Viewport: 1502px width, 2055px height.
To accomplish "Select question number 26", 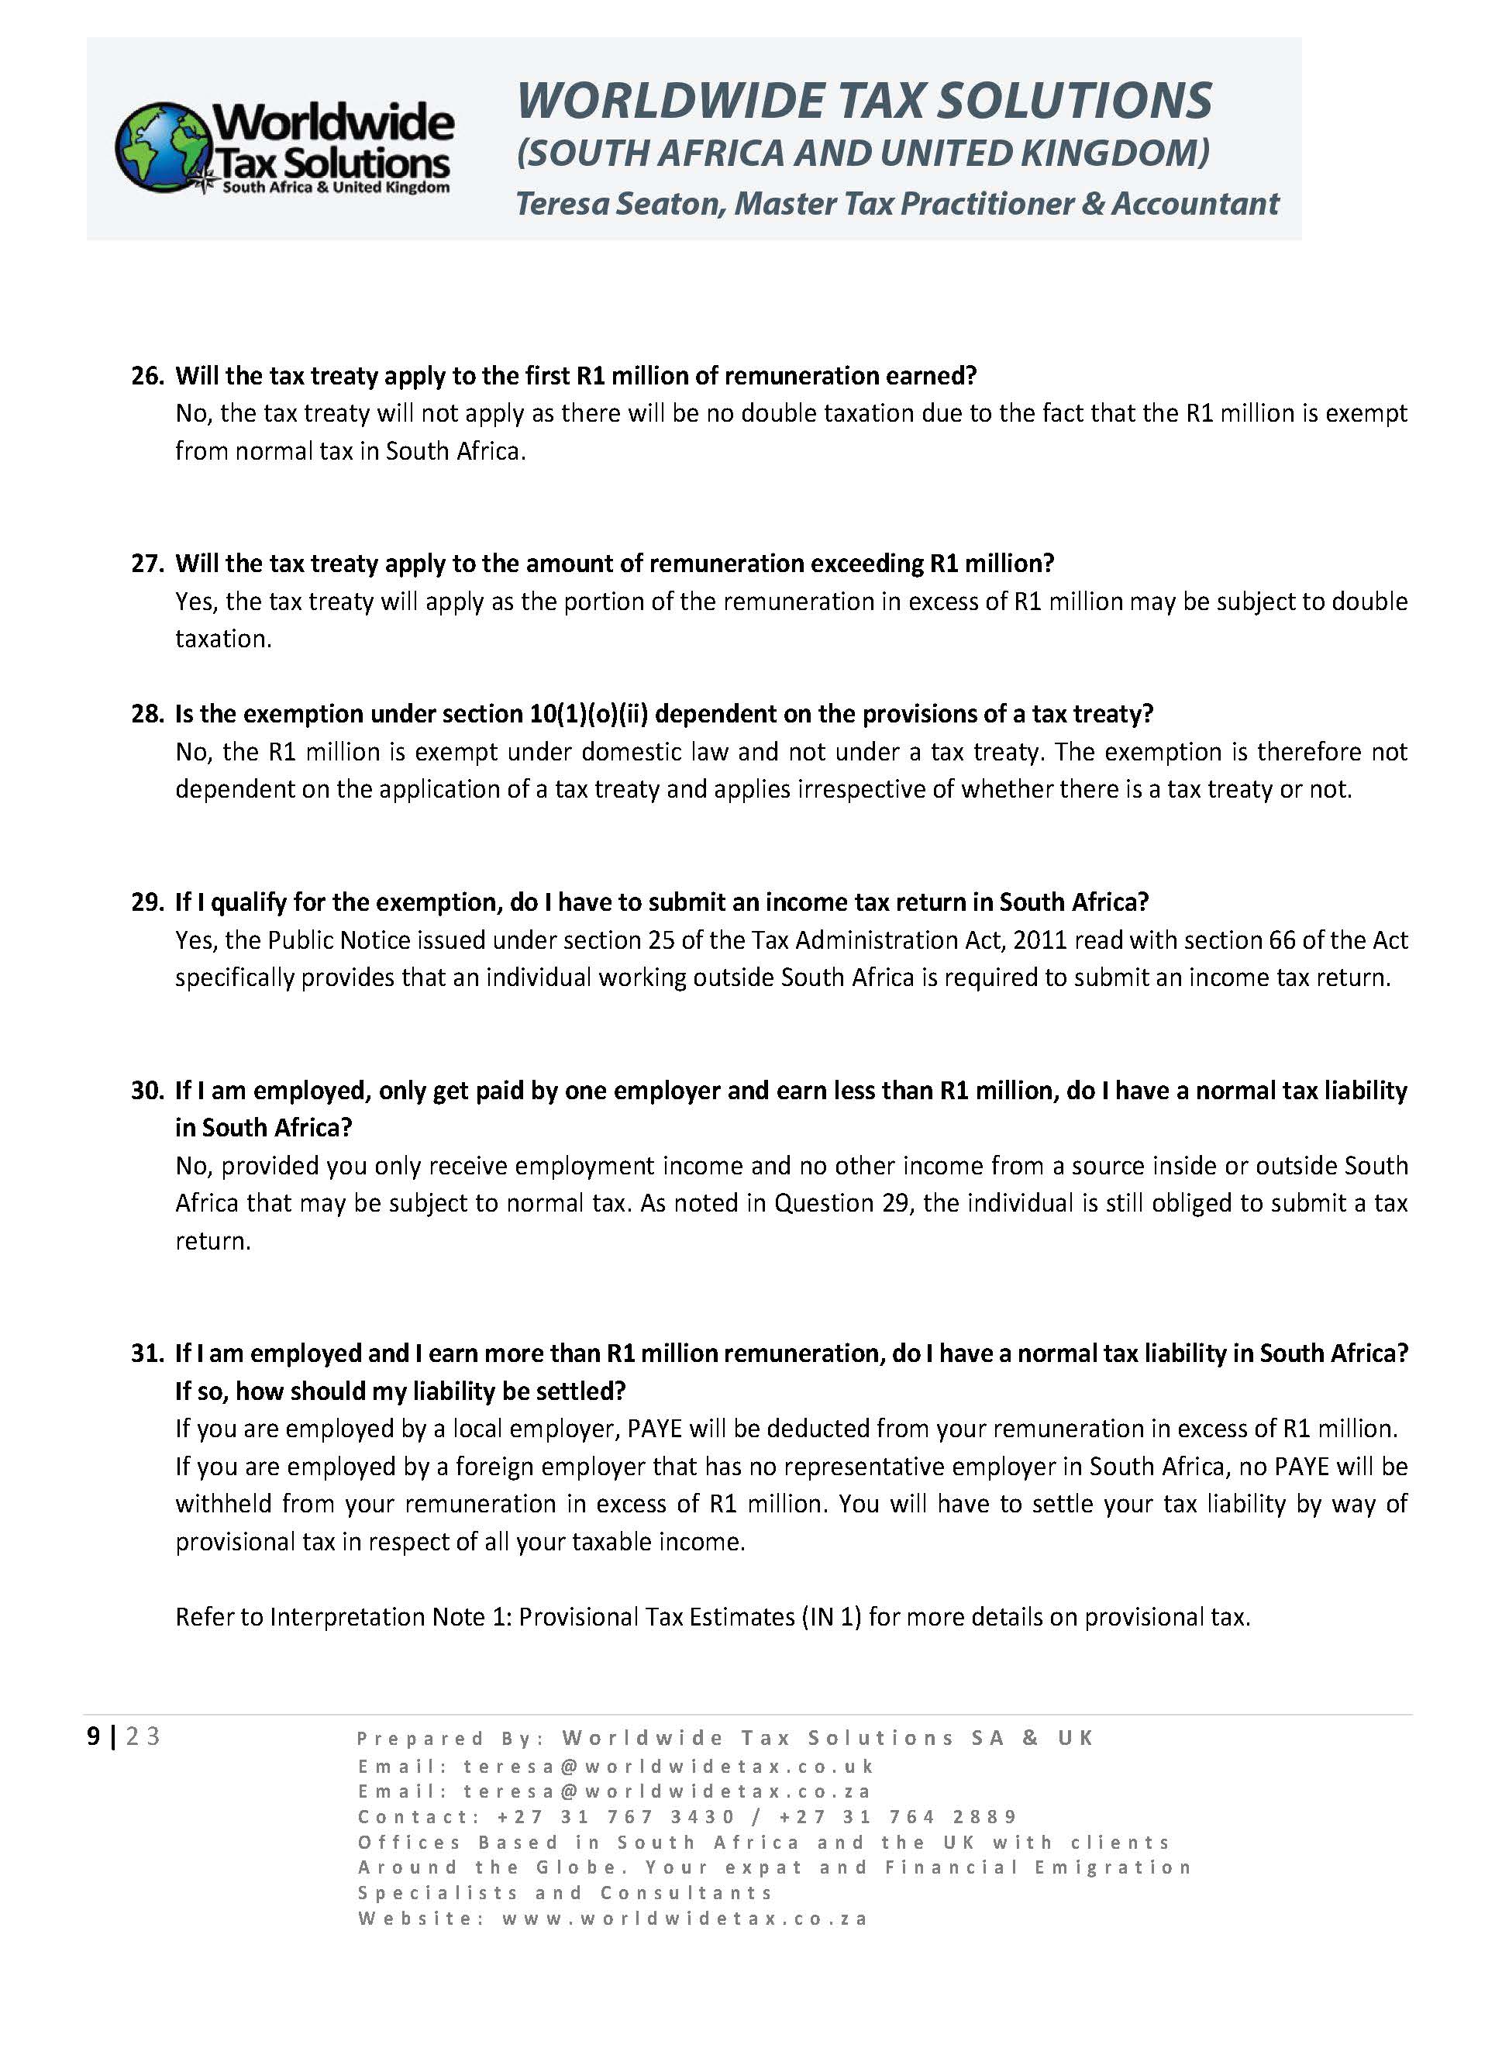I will click(x=146, y=375).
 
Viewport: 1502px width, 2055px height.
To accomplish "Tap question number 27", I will click(x=146, y=564).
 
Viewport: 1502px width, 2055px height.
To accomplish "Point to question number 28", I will click(x=146, y=714).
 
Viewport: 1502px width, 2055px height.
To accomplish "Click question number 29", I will click(x=146, y=902).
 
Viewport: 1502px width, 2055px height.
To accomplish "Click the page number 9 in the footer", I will click(x=93, y=1736).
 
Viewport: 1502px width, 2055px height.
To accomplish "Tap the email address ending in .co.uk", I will click(x=668, y=1766).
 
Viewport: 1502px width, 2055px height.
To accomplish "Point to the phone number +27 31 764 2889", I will click(x=897, y=1817).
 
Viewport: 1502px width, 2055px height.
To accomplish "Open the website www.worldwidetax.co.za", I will click(x=686, y=1919).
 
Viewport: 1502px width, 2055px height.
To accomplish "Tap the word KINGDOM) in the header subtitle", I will click(x=1114, y=153).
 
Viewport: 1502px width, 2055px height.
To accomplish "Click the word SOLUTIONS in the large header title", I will click(x=1075, y=100).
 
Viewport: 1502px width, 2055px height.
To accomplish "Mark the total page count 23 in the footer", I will click(x=143, y=1736).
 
